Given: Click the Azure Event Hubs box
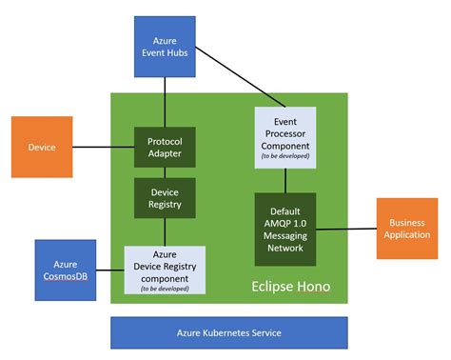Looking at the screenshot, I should coord(165,46).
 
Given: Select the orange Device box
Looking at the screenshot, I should coord(42,148).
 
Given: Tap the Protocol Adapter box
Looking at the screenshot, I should coord(165,148).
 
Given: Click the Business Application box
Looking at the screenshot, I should coord(407,229).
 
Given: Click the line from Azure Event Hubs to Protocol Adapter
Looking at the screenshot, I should coord(165,100).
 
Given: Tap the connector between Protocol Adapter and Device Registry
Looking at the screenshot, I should coord(165,173).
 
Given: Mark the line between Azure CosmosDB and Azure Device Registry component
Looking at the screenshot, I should coord(110,270).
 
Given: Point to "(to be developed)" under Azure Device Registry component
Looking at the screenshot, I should coord(165,287).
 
